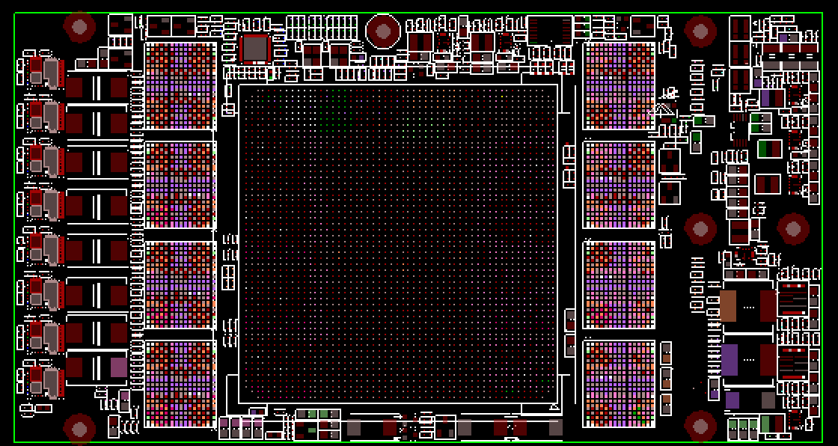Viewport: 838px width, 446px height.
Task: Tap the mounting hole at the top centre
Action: pyautogui.click(x=383, y=31)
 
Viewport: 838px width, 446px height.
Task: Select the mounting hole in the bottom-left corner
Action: pyautogui.click(x=79, y=428)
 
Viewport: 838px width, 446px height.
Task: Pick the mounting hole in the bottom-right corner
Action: pyautogui.click(x=700, y=425)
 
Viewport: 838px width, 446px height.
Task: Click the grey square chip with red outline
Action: pyautogui.click(x=255, y=48)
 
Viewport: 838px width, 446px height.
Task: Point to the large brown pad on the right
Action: pyautogui.click(x=728, y=305)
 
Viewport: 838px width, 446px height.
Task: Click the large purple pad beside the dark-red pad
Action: pyautogui.click(x=729, y=359)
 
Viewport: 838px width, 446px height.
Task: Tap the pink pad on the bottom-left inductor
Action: pyautogui.click(x=118, y=367)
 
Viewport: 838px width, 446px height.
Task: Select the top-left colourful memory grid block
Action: pyautogui.click(x=180, y=86)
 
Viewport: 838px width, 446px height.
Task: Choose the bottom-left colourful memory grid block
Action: pyautogui.click(x=180, y=384)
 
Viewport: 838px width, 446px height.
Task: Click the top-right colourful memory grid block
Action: pyautogui.click(x=619, y=86)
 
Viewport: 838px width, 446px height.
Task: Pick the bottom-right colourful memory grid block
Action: pyautogui.click(x=619, y=384)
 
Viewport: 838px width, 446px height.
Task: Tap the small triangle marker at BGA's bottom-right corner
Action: pyautogui.click(x=554, y=407)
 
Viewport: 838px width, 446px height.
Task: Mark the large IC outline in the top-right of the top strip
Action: pyautogui.click(x=550, y=30)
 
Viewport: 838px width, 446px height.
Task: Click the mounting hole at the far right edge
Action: pyautogui.click(x=792, y=229)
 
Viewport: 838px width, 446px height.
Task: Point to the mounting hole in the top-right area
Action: pyautogui.click(x=700, y=31)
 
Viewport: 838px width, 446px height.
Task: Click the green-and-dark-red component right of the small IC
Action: pyautogui.click(x=768, y=149)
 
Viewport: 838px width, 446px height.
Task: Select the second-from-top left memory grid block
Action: pyautogui.click(x=180, y=185)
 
